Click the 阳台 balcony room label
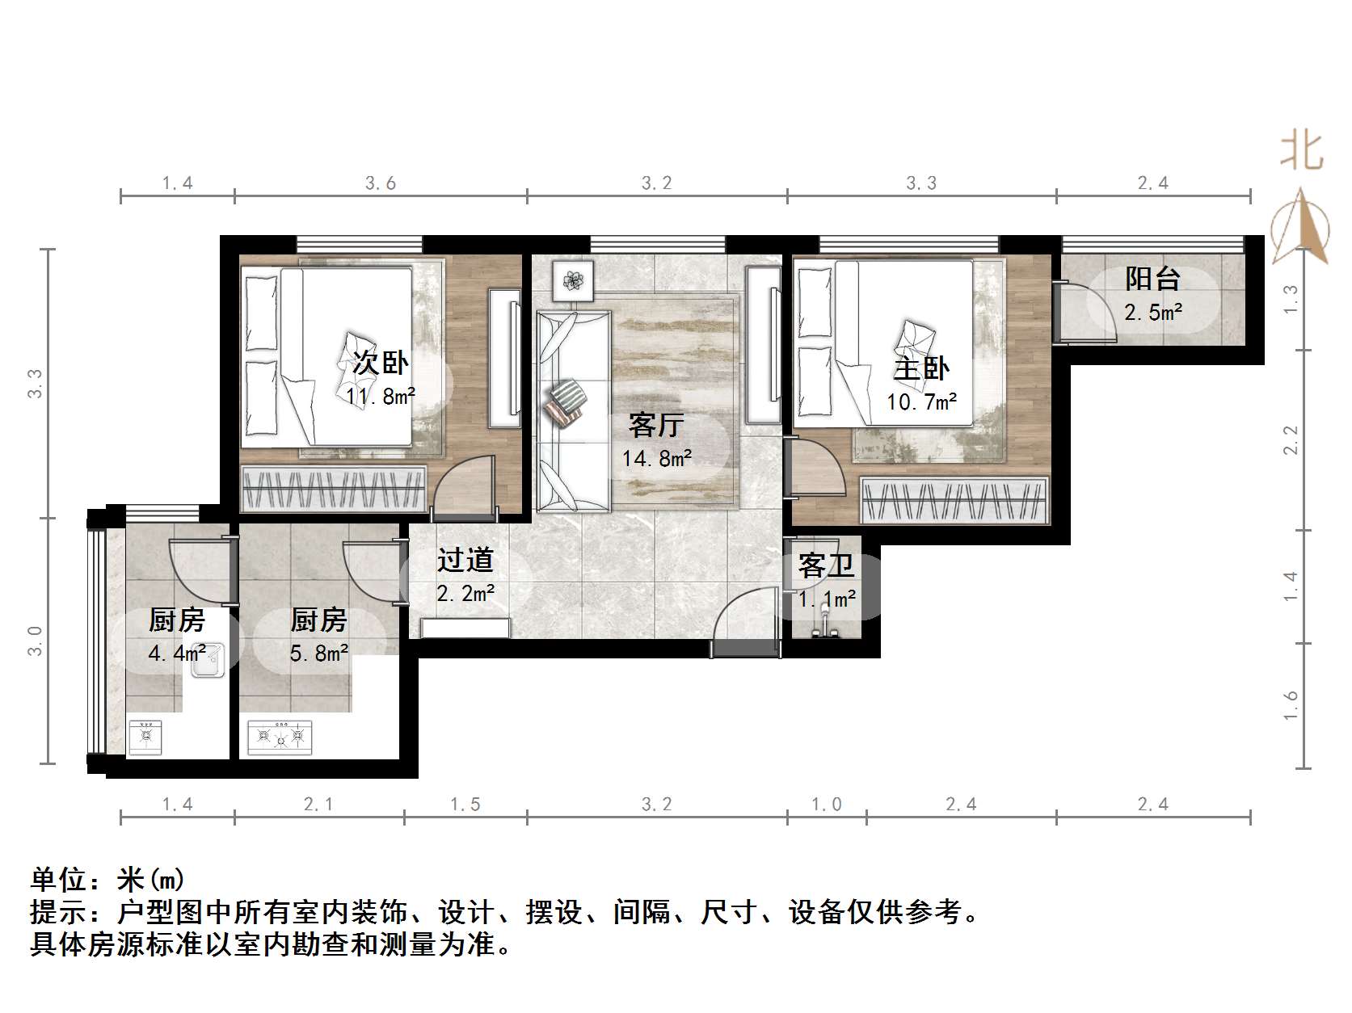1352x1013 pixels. coord(1152,279)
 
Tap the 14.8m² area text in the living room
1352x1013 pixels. coord(656,459)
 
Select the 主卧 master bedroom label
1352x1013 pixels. coord(920,368)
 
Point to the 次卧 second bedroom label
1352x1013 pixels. coord(380,363)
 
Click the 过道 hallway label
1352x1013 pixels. coord(465,560)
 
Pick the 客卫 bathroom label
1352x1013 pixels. coord(825,565)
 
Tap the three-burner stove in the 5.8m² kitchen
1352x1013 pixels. coord(280,737)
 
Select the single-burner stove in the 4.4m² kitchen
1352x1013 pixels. coord(145,736)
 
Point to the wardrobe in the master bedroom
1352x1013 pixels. coord(954,500)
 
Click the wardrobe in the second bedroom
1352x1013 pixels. coord(334,489)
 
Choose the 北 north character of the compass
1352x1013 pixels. coord(1300,150)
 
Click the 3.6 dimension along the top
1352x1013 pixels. coord(380,183)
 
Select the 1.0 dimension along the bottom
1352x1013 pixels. coord(826,804)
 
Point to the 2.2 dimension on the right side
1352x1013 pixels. coord(1291,440)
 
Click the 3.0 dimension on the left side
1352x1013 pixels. coord(35,641)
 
